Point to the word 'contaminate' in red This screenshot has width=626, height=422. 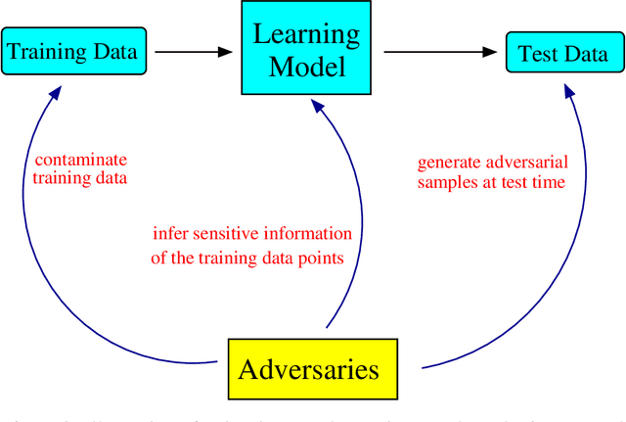click(80, 159)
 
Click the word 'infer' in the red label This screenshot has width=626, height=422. click(167, 233)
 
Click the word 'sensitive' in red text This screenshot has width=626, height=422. click(215, 233)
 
